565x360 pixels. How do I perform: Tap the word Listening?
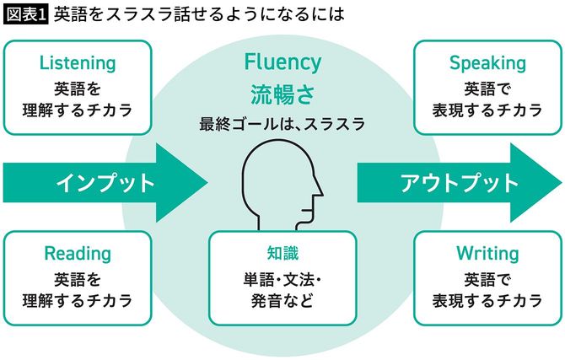pos(78,63)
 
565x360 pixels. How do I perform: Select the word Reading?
pos(78,254)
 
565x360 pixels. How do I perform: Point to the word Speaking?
pos(487,63)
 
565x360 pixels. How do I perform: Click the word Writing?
pos(487,254)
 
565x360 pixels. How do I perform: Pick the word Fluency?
pos(282,62)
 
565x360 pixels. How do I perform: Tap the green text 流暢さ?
pos(282,92)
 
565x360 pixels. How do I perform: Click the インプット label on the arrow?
pos(105,182)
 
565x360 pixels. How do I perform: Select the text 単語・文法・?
pos(282,278)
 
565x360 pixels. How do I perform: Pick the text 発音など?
pos(282,300)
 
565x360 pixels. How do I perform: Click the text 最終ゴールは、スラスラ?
pos(282,124)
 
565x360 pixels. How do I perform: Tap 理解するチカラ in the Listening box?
pos(78,110)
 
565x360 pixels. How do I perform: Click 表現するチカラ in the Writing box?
pos(487,300)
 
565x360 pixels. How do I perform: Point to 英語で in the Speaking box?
pos(487,88)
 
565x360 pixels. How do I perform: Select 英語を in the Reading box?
pos(78,278)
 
